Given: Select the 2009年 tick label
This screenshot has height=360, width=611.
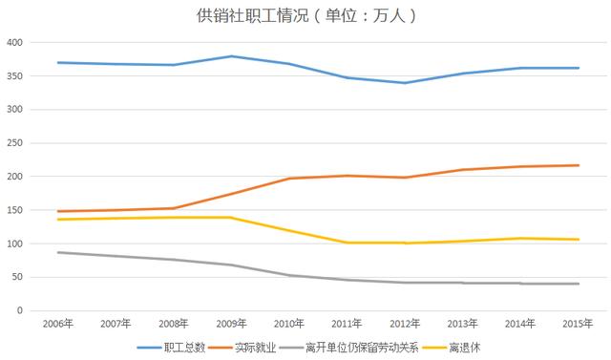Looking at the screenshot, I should [231, 325].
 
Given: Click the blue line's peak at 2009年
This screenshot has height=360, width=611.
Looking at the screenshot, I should [231, 56].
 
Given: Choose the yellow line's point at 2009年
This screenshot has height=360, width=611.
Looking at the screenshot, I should [231, 218].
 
